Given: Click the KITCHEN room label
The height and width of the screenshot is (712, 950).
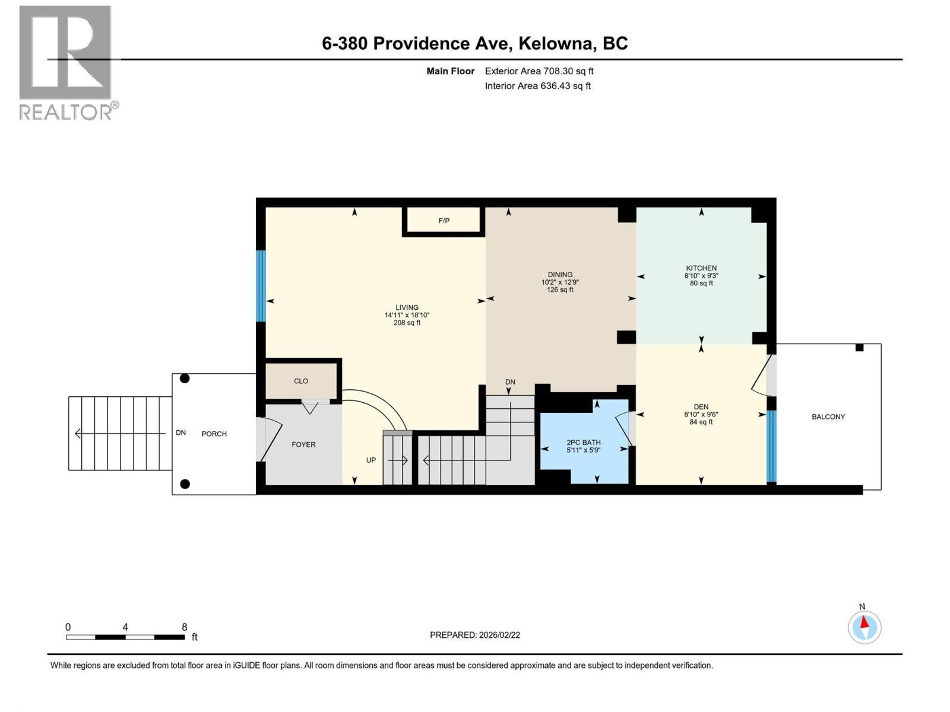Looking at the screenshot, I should coord(701,268).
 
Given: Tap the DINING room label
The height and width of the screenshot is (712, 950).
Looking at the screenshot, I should coord(560,275).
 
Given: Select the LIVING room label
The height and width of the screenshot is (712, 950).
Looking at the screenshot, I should coord(407,307).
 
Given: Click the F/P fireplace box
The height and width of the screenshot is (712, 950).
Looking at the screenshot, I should coord(444,221).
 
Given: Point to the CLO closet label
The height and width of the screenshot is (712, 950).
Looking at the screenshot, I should coord(301,381).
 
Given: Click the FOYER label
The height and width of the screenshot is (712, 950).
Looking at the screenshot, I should coord(303,444).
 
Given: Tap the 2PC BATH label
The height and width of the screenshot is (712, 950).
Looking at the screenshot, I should coord(583,443).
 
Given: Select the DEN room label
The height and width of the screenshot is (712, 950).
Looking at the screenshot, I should coord(701,407).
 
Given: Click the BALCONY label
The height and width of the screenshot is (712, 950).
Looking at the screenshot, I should coord(828,417).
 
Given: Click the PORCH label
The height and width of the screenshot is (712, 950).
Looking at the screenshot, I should coord(214,434).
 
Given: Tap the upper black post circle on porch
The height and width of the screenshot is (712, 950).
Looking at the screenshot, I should coord(185,379).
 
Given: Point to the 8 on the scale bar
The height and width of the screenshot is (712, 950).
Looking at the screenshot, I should coord(185,627).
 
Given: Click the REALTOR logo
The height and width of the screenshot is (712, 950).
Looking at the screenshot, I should coord(66,62).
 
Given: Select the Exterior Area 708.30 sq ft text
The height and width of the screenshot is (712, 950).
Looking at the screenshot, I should coord(539,71).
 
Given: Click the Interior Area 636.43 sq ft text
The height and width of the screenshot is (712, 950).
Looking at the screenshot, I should coord(537,86).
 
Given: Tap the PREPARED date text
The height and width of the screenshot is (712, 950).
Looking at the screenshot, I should coord(474,635).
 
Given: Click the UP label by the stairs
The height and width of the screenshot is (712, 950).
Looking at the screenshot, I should coord(370,460).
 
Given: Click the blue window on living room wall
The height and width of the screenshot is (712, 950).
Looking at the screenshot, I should coord(260,286).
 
